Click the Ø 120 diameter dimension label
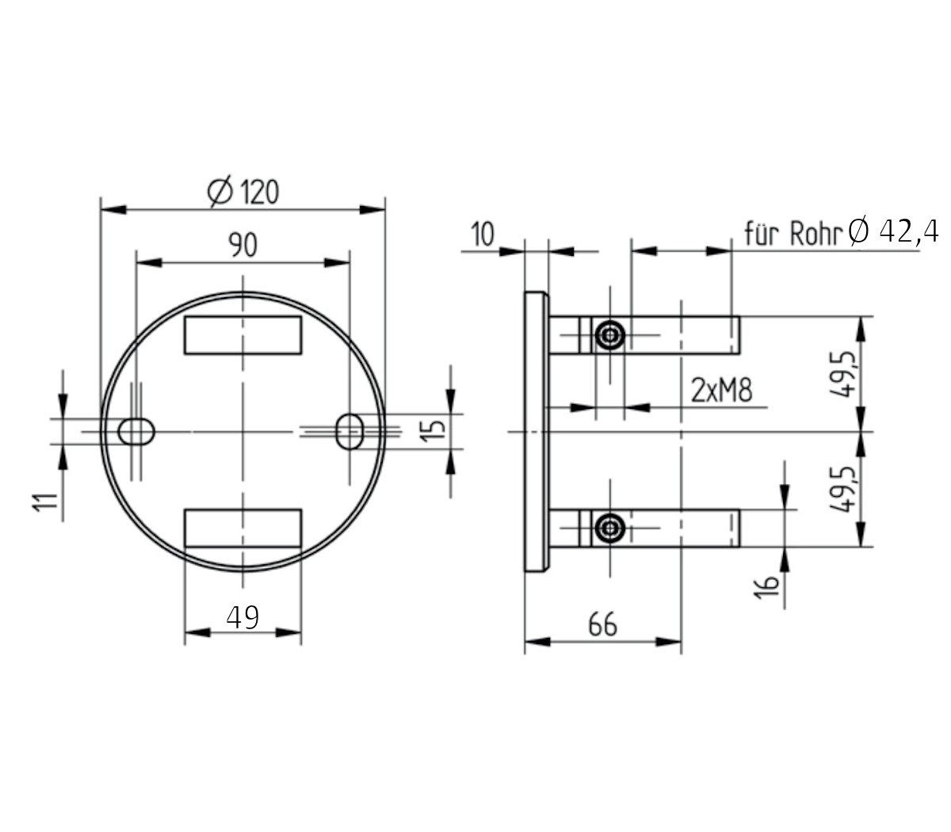[x=243, y=193]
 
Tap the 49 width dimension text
[x=243, y=616]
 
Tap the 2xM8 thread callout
[x=721, y=391]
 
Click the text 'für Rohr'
[x=793, y=234]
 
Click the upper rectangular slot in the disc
[x=243, y=334]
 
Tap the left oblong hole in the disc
[x=136, y=431]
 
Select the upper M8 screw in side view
[x=609, y=335]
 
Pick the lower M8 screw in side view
[x=609, y=528]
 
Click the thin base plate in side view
[x=536, y=432]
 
